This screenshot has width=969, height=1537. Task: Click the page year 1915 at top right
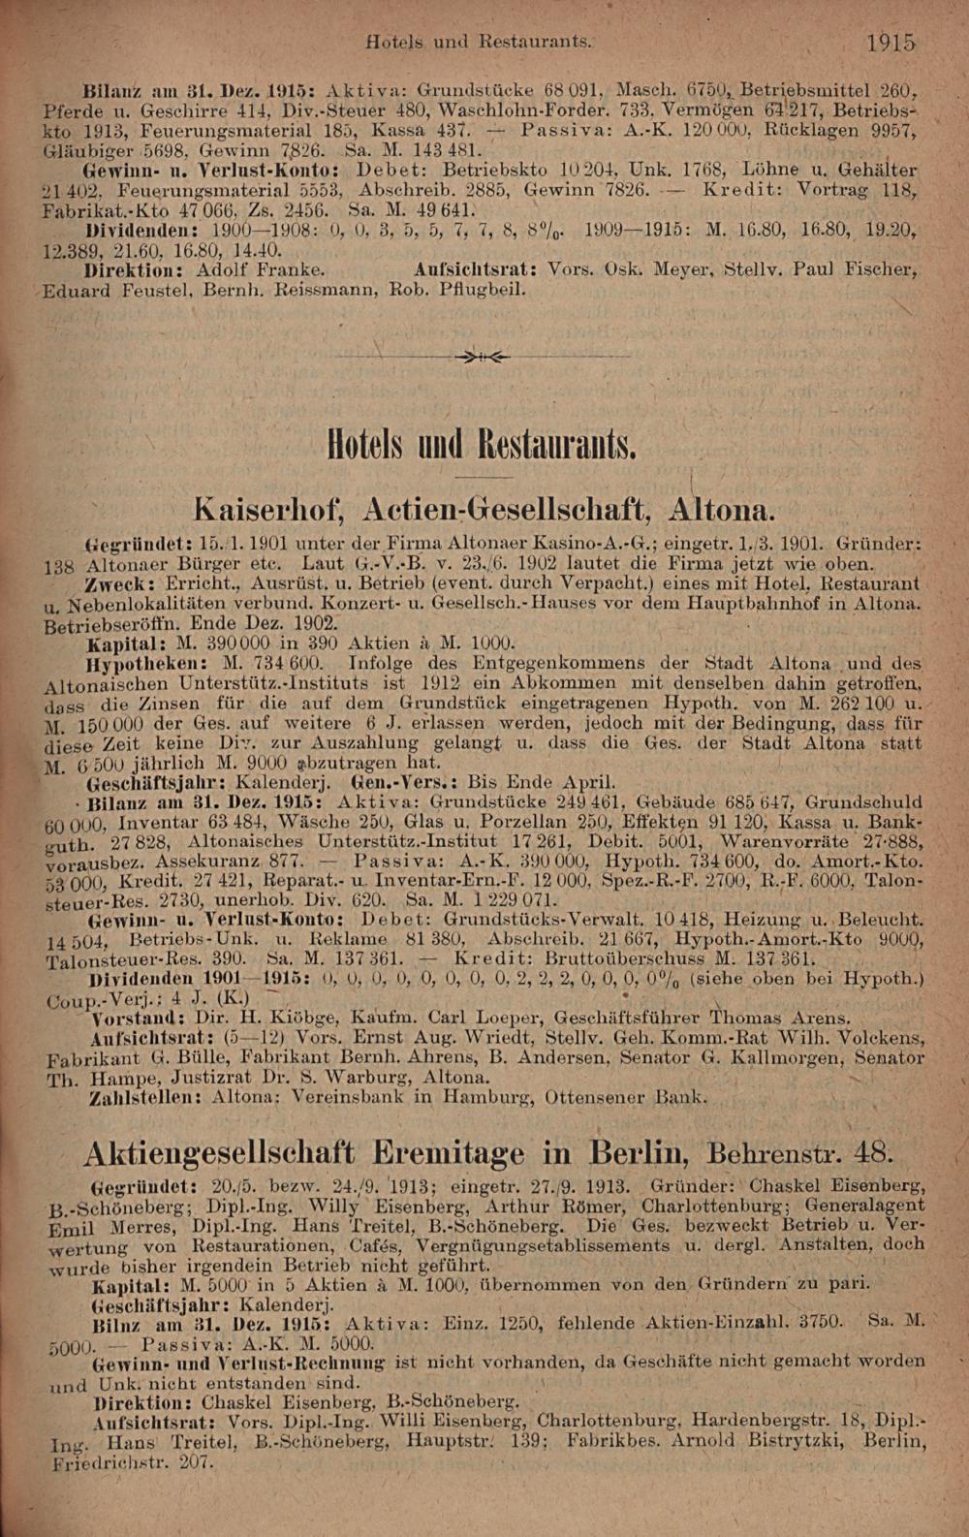tap(891, 43)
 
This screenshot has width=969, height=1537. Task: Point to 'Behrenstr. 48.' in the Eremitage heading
tap(800, 1154)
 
